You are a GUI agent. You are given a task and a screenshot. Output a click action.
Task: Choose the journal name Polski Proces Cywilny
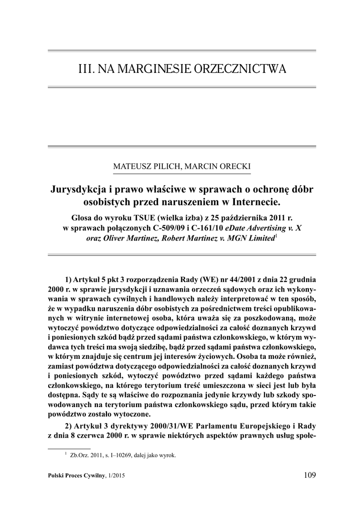[75, 476]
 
